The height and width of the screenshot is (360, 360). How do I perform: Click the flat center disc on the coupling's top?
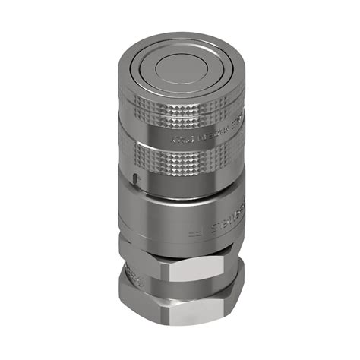(x=181, y=71)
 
